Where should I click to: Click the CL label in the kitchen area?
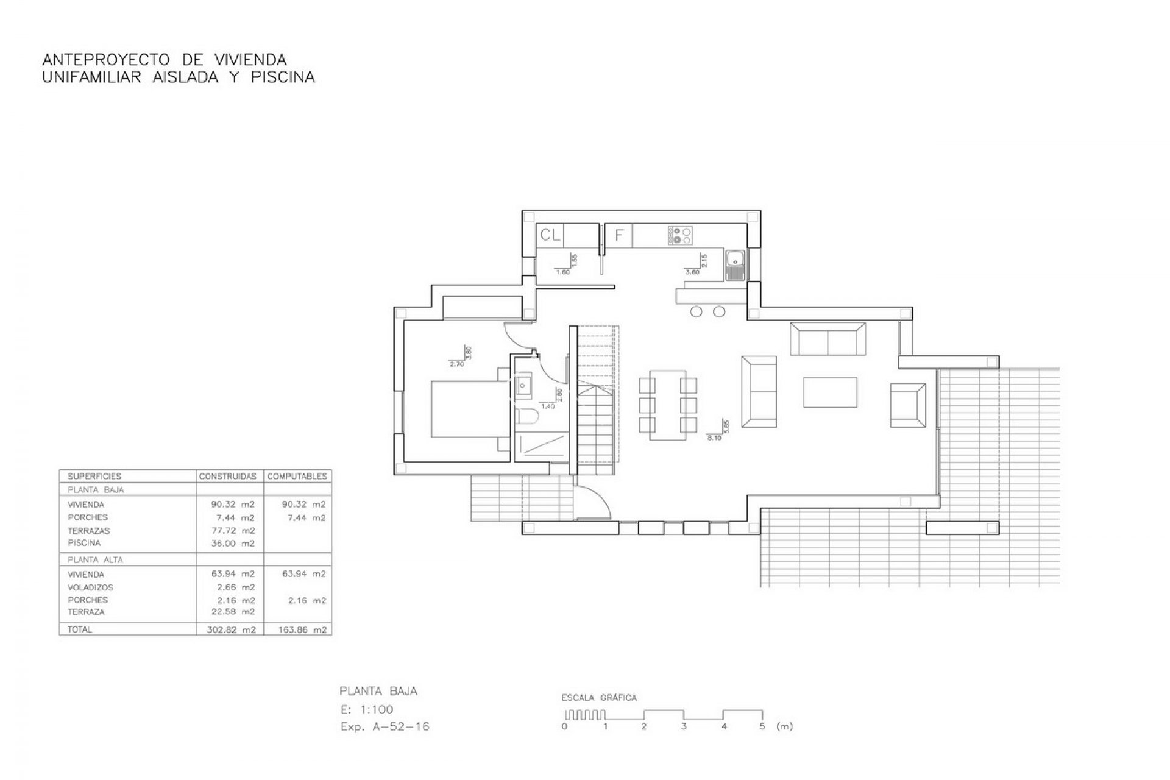point(551,235)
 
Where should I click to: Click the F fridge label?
point(619,235)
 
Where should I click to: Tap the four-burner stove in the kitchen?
point(681,235)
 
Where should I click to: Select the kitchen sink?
point(736,266)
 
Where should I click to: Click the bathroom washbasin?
point(524,385)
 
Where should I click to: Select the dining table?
point(667,405)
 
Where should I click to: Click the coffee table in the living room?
point(830,392)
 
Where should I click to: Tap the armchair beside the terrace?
point(908,405)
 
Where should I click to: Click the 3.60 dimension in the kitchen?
point(692,272)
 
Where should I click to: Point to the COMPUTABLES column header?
point(297,477)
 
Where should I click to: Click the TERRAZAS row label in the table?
point(89,531)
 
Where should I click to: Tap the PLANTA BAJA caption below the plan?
point(378,691)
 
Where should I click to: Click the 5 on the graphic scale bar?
point(762,726)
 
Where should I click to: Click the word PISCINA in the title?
point(283,77)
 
